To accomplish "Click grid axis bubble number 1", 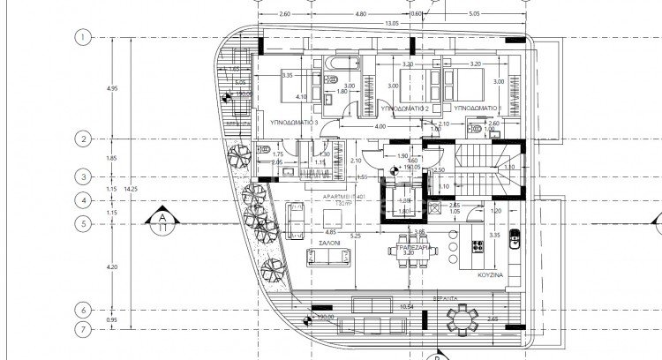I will coord(83,37).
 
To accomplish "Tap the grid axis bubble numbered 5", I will coord(83,224).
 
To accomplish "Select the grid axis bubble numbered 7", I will coord(83,329).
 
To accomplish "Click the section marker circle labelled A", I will coord(162,218).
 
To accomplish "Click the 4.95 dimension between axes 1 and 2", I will coord(111,88).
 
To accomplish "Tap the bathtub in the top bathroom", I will coord(341,64).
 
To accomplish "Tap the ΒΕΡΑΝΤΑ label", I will coord(456,300).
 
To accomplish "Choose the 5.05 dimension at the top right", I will coord(474,14).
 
